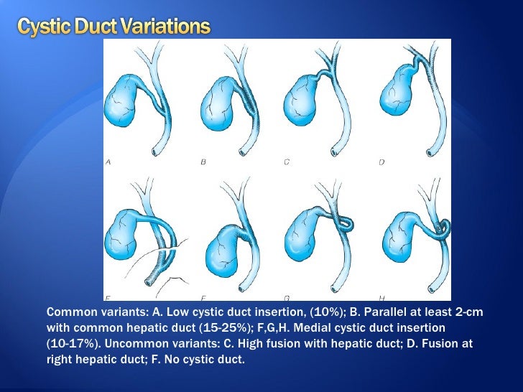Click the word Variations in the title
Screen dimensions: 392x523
(x=165, y=28)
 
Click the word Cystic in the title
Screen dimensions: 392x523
(x=40, y=28)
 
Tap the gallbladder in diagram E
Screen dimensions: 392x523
(x=124, y=236)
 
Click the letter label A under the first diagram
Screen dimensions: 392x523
(x=108, y=162)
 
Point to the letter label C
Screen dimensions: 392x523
(x=286, y=162)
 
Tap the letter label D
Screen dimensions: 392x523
(x=382, y=162)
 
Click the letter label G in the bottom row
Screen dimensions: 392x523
(x=287, y=295)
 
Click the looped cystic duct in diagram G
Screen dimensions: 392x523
(x=344, y=223)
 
